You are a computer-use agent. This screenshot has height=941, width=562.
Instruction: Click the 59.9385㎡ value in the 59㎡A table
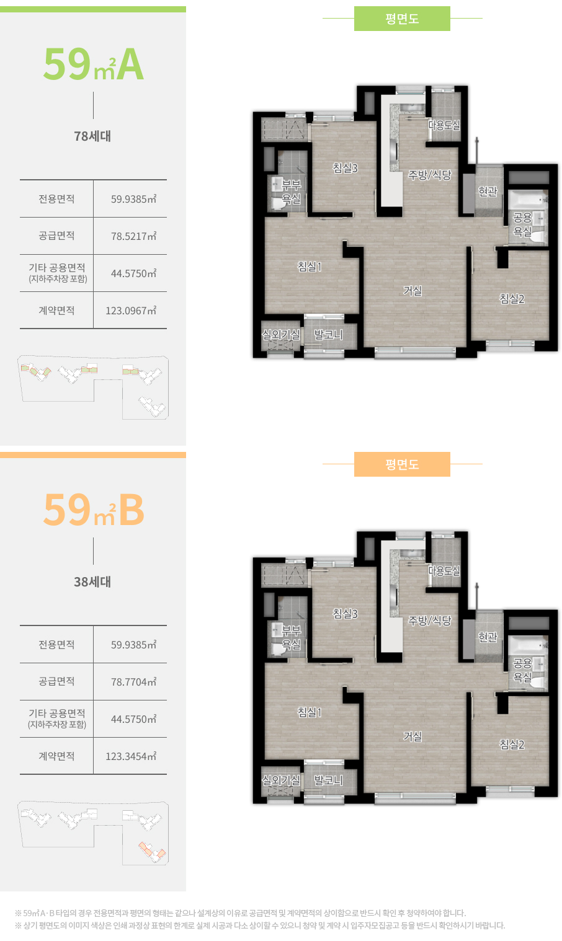133,199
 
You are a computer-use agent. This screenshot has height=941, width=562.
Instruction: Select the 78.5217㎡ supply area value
133,236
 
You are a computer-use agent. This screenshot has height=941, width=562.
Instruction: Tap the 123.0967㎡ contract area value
131,311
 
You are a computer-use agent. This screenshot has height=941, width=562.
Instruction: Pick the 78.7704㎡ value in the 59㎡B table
133,681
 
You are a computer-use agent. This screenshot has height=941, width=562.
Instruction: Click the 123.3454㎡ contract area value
131,756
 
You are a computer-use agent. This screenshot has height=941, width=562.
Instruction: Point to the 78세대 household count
92,136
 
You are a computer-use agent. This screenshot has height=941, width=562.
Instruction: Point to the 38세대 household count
92,582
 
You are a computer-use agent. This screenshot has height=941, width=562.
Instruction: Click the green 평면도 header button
402,19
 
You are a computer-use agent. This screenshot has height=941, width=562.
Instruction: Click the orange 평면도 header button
402,464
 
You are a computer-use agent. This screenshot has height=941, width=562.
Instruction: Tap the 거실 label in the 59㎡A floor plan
413,290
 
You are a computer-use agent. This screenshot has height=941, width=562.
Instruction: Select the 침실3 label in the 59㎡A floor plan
345,168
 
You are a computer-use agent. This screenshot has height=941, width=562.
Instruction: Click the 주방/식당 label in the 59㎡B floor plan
430,621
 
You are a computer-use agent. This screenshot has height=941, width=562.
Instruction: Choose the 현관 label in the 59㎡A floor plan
488,192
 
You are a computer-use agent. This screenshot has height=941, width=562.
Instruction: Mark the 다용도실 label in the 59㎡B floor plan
444,570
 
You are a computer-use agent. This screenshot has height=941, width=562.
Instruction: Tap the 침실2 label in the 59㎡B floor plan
512,744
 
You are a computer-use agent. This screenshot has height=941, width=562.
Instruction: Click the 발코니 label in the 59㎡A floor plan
329,334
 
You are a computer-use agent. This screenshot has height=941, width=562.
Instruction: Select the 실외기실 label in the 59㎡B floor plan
281,780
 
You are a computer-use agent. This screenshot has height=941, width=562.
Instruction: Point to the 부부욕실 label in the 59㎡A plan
291,192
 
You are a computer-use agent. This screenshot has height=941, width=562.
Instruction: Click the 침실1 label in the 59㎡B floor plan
310,712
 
